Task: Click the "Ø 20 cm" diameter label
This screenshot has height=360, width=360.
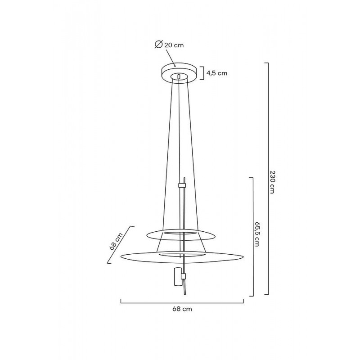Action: (x=169, y=45)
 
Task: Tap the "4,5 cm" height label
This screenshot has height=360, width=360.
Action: (x=216, y=73)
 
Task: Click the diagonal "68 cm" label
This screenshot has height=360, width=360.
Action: (x=116, y=242)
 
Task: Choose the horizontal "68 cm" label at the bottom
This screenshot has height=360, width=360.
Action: (x=182, y=309)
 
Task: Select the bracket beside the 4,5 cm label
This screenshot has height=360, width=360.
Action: (x=202, y=73)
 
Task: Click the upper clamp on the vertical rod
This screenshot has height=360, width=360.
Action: (x=182, y=185)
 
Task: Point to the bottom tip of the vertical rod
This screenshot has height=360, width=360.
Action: (x=184, y=295)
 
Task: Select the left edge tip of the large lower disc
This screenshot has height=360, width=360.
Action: (x=122, y=257)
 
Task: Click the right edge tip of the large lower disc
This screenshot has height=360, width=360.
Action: (x=243, y=257)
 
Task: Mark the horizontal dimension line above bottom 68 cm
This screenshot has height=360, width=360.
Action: (x=182, y=301)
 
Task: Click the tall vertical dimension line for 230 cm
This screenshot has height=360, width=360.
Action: (x=268, y=180)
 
